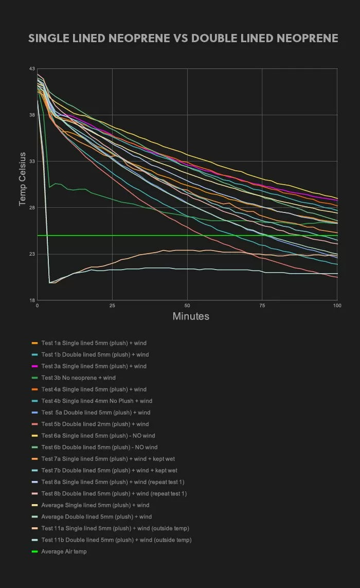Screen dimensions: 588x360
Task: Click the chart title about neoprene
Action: click(183, 39)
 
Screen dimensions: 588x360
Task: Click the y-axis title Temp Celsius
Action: click(22, 179)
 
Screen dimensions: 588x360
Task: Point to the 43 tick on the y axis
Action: click(32, 69)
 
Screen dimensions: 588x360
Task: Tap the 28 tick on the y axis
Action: click(32, 208)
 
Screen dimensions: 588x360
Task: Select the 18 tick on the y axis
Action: click(32, 300)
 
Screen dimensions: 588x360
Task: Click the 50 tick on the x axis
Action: click(187, 306)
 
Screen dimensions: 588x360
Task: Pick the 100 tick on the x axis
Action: click(337, 306)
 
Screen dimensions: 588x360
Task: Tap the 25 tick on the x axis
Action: click(112, 306)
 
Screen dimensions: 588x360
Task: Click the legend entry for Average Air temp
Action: click(64, 551)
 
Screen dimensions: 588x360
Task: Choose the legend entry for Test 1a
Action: click(94, 343)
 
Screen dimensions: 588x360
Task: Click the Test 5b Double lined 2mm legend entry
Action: click(95, 424)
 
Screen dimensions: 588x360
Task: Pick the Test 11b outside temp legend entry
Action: click(116, 540)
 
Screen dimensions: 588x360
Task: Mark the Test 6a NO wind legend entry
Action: click(98, 436)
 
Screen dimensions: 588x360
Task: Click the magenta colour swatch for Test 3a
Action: click(35, 366)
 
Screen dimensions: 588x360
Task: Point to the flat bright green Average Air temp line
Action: click(206, 236)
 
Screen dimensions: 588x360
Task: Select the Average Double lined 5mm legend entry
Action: click(96, 516)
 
